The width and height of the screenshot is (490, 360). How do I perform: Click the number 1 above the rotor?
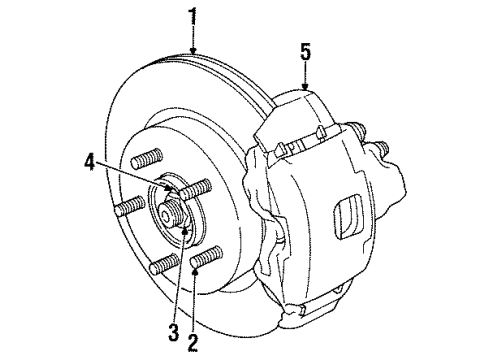click(191, 16)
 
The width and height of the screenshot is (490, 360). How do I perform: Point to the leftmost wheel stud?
click(126, 208)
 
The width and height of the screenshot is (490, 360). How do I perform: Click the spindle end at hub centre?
click(167, 213)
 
